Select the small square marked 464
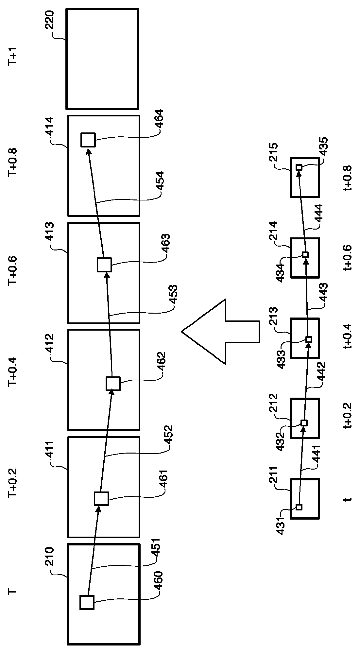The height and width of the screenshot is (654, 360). tap(88, 140)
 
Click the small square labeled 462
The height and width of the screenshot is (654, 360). tap(113, 384)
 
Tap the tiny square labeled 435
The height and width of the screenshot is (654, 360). tap(299, 167)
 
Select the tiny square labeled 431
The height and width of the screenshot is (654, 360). tap(299, 507)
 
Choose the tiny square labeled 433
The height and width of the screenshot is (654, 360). tap(309, 339)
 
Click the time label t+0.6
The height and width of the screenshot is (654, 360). tap(347, 258)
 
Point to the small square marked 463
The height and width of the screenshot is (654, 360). tap(104, 265)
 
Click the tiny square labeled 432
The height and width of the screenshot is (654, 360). tap(304, 423)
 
